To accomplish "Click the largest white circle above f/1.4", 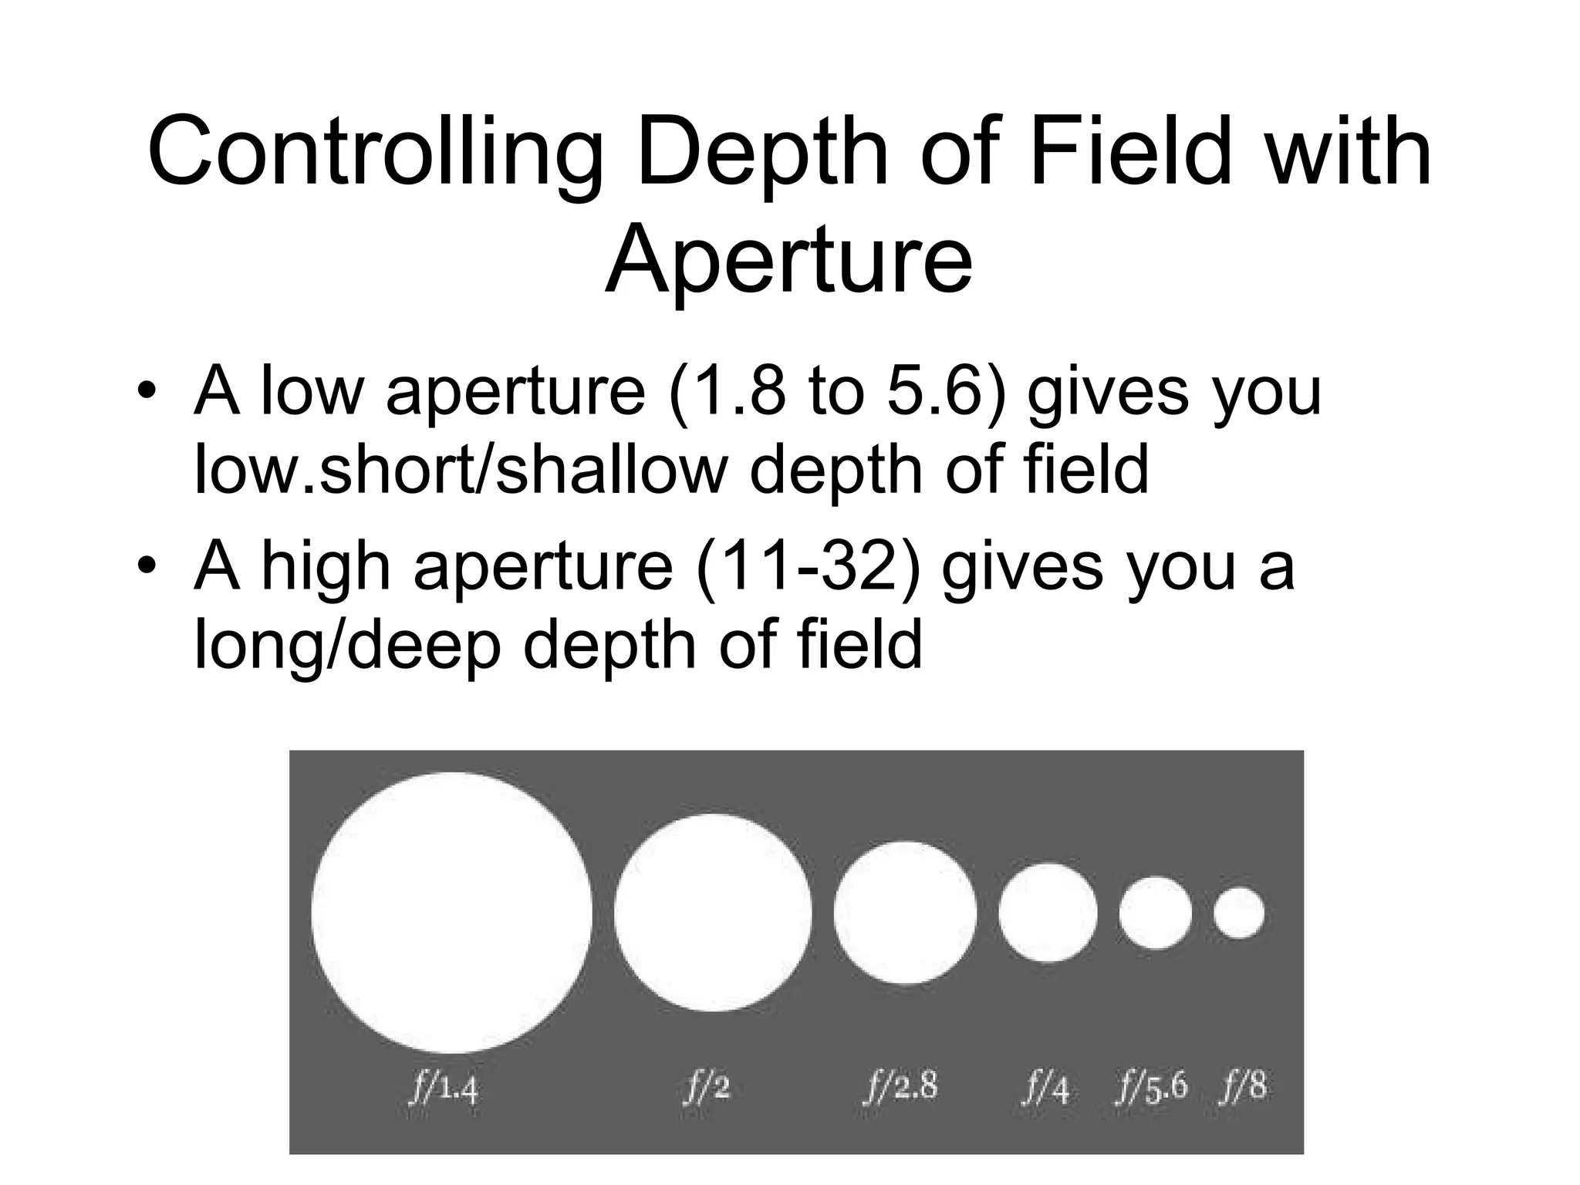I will point(452,913).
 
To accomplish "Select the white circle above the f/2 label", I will point(714,913).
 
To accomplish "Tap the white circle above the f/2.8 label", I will point(905,913).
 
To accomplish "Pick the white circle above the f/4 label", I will point(1048,913).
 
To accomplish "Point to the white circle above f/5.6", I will point(1155,913).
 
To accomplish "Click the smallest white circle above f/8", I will point(1238,913).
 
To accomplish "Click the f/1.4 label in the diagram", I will point(445,1089).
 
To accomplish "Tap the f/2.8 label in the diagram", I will point(900,1087).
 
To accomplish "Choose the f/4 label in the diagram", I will point(1048,1089).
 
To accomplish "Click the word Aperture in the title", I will point(788,258).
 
